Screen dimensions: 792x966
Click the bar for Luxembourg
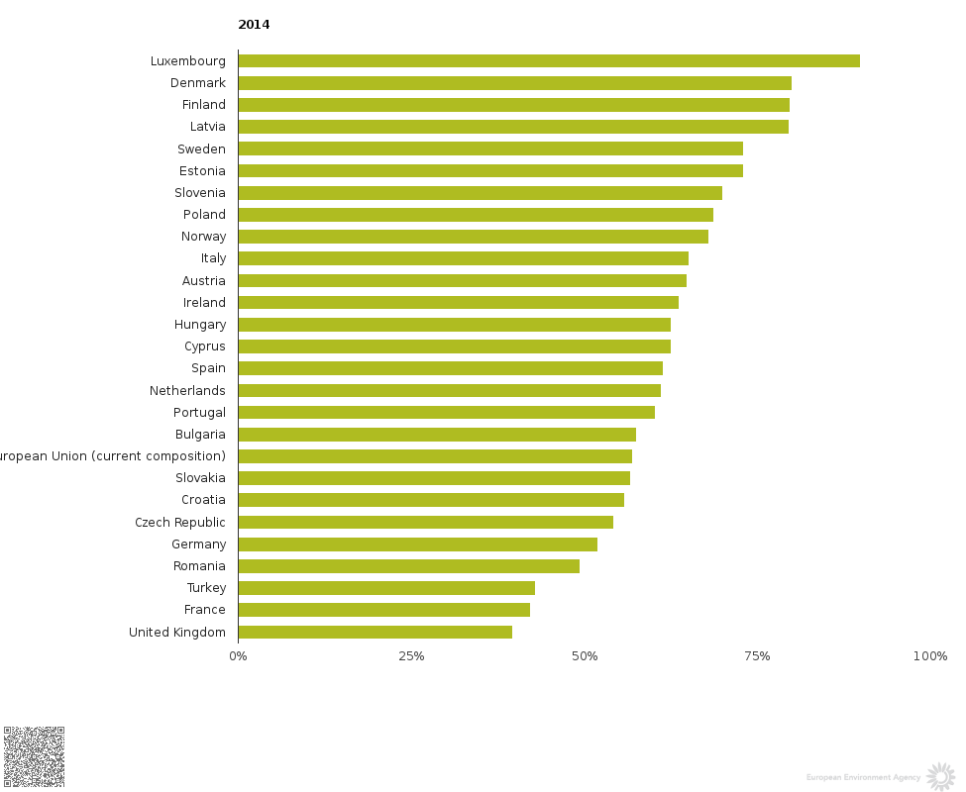[548, 61]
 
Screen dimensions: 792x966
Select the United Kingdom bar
[375, 632]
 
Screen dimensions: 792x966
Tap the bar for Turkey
[386, 588]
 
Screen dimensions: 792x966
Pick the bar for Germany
[417, 544]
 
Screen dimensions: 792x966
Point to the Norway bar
[473, 237]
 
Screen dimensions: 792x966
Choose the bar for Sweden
[490, 148]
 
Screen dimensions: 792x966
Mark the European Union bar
[435, 456]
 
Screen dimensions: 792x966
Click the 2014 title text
[254, 25]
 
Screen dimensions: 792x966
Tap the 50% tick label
[585, 656]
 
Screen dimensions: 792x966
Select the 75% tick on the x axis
[758, 656]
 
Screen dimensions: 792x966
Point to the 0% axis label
[238, 656]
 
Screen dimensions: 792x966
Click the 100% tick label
[930, 656]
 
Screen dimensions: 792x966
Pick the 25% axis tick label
[411, 656]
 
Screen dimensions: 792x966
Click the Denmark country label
[198, 83]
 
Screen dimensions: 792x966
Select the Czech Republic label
[180, 523]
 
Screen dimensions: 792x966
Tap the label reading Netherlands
[187, 391]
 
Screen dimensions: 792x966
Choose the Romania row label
[199, 566]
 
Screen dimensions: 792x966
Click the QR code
[34, 756]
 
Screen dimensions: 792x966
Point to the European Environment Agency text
[863, 778]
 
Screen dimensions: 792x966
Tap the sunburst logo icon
[939, 776]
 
